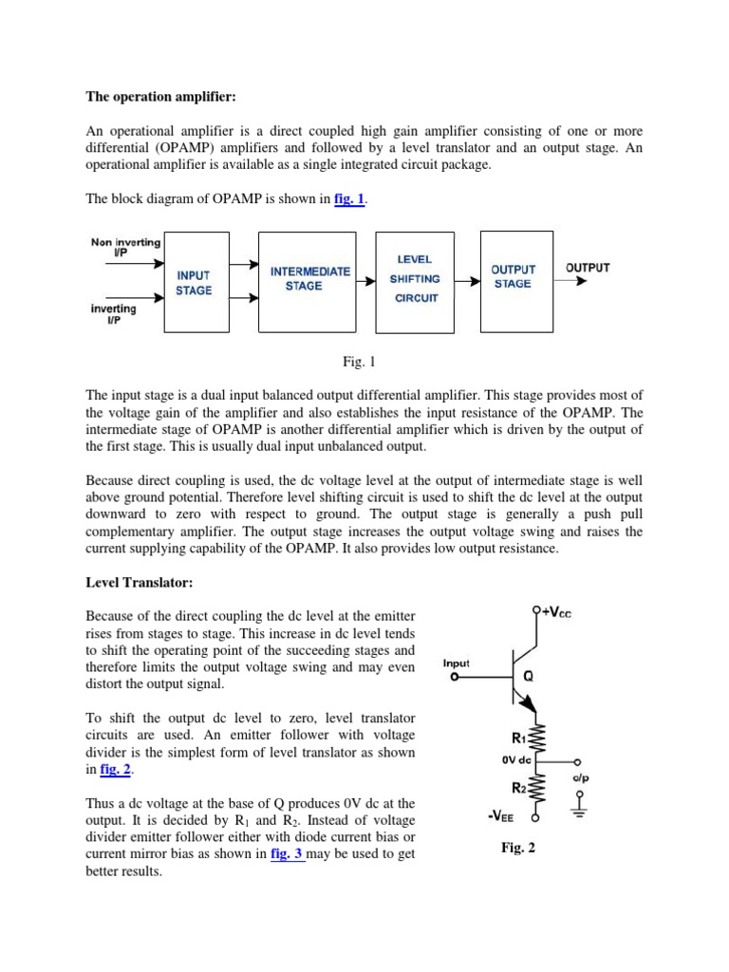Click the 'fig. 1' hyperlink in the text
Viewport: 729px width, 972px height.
pos(349,198)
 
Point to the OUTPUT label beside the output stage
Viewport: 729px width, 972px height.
pos(588,268)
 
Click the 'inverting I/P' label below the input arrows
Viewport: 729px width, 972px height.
pos(114,314)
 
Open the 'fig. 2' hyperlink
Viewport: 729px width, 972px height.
pos(114,771)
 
